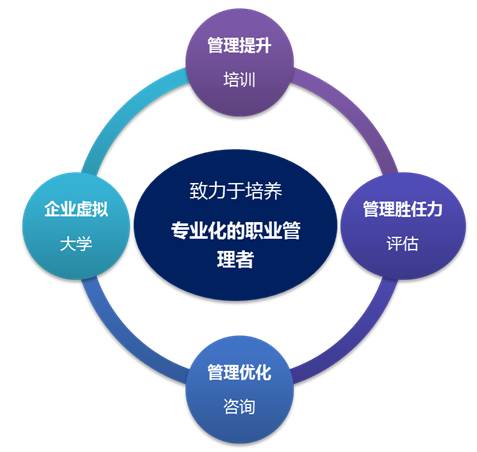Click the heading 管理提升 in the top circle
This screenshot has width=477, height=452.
point(239,45)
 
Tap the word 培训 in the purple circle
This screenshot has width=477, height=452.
point(239,80)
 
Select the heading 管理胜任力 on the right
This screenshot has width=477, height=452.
point(402,209)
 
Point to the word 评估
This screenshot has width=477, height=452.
point(402,243)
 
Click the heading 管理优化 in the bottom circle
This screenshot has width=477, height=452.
point(239,372)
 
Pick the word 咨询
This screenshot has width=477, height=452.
point(239,406)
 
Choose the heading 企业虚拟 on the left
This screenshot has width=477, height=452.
point(76,209)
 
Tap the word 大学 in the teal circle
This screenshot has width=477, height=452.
point(76,244)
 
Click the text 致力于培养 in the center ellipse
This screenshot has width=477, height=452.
point(236,191)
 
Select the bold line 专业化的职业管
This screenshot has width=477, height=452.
point(236,230)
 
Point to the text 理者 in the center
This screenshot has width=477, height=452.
point(235,259)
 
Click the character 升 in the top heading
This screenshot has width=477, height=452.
point(263,45)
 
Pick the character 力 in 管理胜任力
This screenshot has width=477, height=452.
point(434,209)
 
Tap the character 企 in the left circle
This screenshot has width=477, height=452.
point(52,209)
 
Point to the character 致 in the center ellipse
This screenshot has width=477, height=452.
point(199,191)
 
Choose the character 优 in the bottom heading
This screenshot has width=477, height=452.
point(247,372)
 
